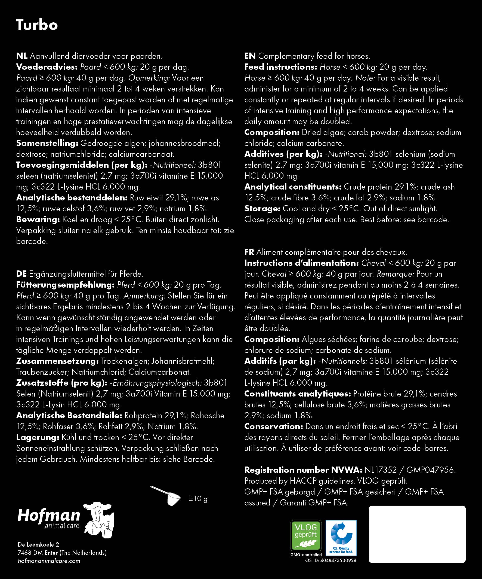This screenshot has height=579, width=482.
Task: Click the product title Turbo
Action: tap(37, 25)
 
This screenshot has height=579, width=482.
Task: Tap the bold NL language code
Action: tap(21, 56)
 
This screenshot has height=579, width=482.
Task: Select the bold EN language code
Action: tap(250, 56)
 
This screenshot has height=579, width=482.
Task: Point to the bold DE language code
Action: tap(21, 274)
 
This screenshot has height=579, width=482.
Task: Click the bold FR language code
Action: tap(249, 252)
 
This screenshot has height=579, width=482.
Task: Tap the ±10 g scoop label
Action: tap(198, 498)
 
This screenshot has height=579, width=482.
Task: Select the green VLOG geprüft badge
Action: tap(306, 535)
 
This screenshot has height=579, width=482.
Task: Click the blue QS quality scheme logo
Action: tap(341, 537)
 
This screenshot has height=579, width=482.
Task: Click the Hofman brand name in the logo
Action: tap(49, 515)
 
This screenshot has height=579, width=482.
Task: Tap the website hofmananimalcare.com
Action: tap(49, 561)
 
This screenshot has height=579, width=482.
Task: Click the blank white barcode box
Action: tap(417, 534)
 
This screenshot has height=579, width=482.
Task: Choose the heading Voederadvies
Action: tap(47, 67)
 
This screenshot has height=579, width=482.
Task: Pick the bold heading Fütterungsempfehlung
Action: tap(65, 285)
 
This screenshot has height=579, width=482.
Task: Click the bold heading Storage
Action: tap(262, 209)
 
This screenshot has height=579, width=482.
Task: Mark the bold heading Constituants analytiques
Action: tap(298, 394)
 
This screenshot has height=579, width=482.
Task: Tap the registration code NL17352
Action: tap(380, 470)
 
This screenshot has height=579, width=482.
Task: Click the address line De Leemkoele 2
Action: tap(38, 544)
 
